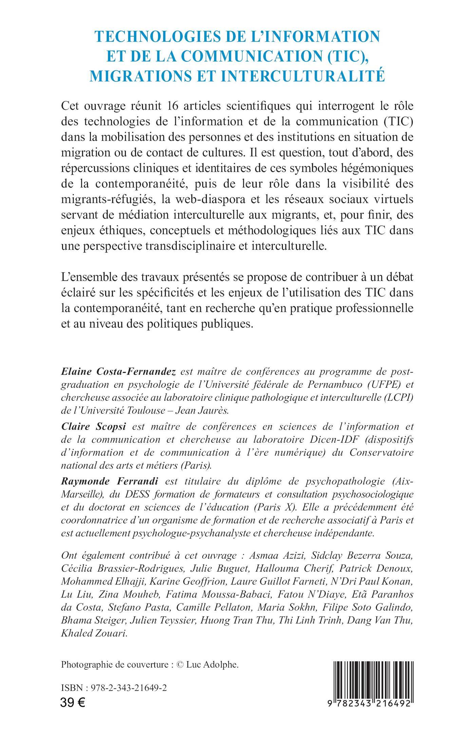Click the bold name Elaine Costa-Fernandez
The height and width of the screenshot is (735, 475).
point(118,372)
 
